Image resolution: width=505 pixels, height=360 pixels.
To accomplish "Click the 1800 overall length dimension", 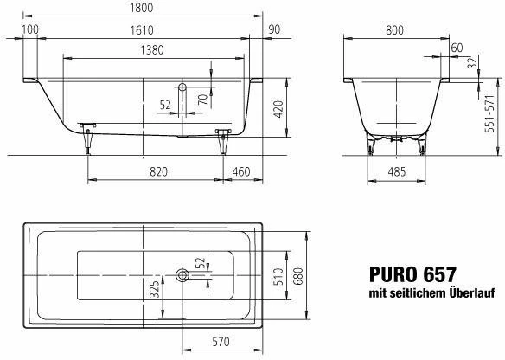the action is coord(142,8).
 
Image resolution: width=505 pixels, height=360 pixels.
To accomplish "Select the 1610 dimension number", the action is coord(142,30).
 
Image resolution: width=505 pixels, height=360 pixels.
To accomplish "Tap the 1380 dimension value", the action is coord(152,50).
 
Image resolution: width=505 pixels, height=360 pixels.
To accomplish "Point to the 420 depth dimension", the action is coord(279,109).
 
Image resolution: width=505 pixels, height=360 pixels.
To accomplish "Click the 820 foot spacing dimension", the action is coord(158,172).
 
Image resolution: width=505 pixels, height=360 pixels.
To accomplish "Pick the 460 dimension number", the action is coord(241,172).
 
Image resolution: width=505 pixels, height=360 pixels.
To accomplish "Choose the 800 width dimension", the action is coord(394,30).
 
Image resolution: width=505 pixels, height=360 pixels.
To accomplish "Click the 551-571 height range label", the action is coord(489,113).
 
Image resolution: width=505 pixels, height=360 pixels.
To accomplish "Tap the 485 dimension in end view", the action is coord(396,172).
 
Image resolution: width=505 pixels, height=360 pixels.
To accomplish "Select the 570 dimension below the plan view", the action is coord(221,342).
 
